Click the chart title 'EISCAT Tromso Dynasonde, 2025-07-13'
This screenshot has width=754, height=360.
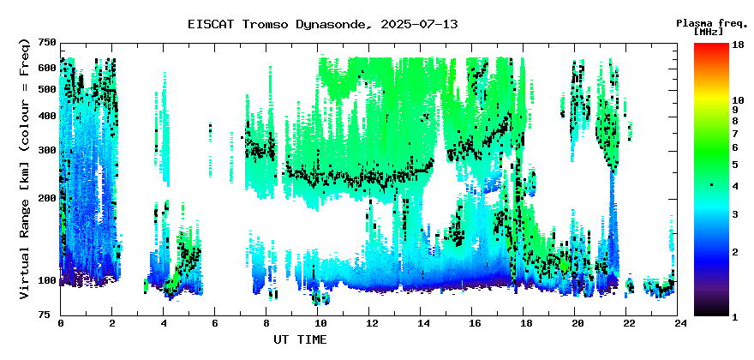[323, 25]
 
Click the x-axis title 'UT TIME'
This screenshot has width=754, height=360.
[300, 339]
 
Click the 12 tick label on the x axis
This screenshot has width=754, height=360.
[368, 323]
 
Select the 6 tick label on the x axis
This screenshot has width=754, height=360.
[214, 323]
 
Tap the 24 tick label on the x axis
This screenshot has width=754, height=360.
[678, 323]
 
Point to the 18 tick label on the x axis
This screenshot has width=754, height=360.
[524, 323]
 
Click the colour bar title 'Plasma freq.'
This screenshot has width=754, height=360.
[712, 24]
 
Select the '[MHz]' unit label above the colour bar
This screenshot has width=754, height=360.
[709, 32]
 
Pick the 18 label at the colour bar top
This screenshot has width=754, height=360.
[738, 44]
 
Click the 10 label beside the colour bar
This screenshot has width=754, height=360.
[738, 100]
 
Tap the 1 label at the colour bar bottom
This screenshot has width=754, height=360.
[735, 316]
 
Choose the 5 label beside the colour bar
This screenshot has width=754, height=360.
[735, 165]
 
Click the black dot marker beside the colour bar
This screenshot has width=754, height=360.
[711, 185]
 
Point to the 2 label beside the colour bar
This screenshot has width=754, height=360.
[735, 252]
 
